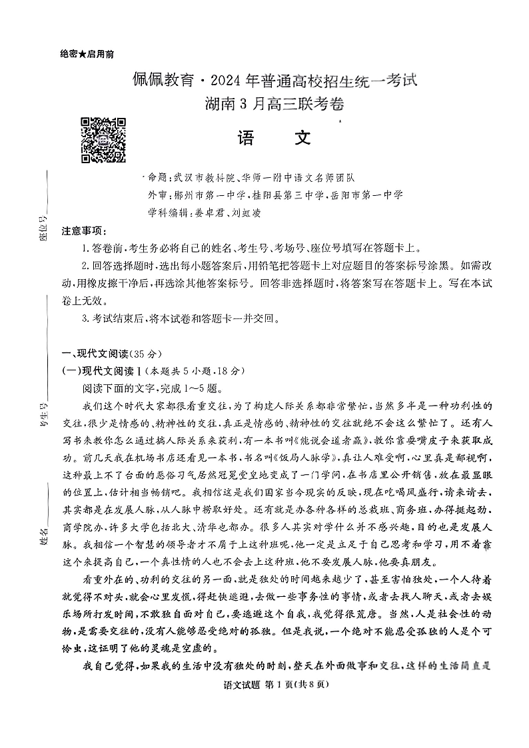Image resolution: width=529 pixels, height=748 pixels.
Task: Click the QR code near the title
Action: (85, 140)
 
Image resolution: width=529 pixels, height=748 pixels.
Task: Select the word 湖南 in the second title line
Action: (221, 105)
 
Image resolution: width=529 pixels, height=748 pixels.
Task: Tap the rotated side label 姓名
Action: (45, 535)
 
